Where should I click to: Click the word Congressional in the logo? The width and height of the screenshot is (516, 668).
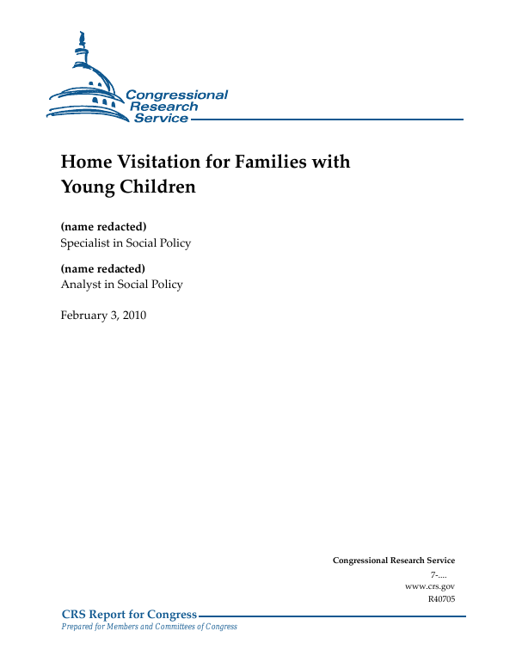pos(176,95)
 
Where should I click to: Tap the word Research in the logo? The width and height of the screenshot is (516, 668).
pos(163,107)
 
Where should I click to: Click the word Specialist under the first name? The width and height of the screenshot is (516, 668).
pos(85,243)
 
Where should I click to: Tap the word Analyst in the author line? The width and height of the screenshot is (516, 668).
pos(80,285)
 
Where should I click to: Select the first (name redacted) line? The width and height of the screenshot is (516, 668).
pos(103,227)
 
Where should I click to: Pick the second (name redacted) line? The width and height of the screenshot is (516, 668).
pos(103,269)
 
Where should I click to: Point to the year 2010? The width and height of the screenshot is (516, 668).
pos(133,316)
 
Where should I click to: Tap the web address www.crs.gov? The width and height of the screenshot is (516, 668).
pos(429,585)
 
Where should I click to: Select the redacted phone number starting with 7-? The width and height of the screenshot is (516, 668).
pos(442,573)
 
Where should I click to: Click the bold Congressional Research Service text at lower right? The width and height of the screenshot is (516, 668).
pos(394,561)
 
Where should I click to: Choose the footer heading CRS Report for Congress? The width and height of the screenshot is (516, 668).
pos(129,614)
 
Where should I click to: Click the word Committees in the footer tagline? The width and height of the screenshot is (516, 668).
pos(181,627)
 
